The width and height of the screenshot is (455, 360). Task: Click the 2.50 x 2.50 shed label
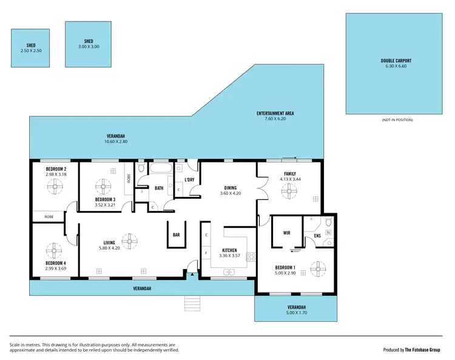click(x=31, y=47)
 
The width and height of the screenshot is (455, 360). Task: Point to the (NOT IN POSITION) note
click(x=397, y=120)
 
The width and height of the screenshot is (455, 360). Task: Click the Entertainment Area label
click(x=275, y=116)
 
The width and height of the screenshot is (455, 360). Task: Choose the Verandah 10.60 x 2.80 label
click(x=115, y=139)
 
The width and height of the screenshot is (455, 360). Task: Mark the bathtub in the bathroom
click(x=161, y=169)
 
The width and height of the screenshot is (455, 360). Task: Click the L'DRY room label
click(x=189, y=179)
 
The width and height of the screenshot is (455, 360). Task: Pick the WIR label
click(x=287, y=232)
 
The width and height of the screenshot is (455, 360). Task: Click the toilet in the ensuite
click(x=328, y=221)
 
